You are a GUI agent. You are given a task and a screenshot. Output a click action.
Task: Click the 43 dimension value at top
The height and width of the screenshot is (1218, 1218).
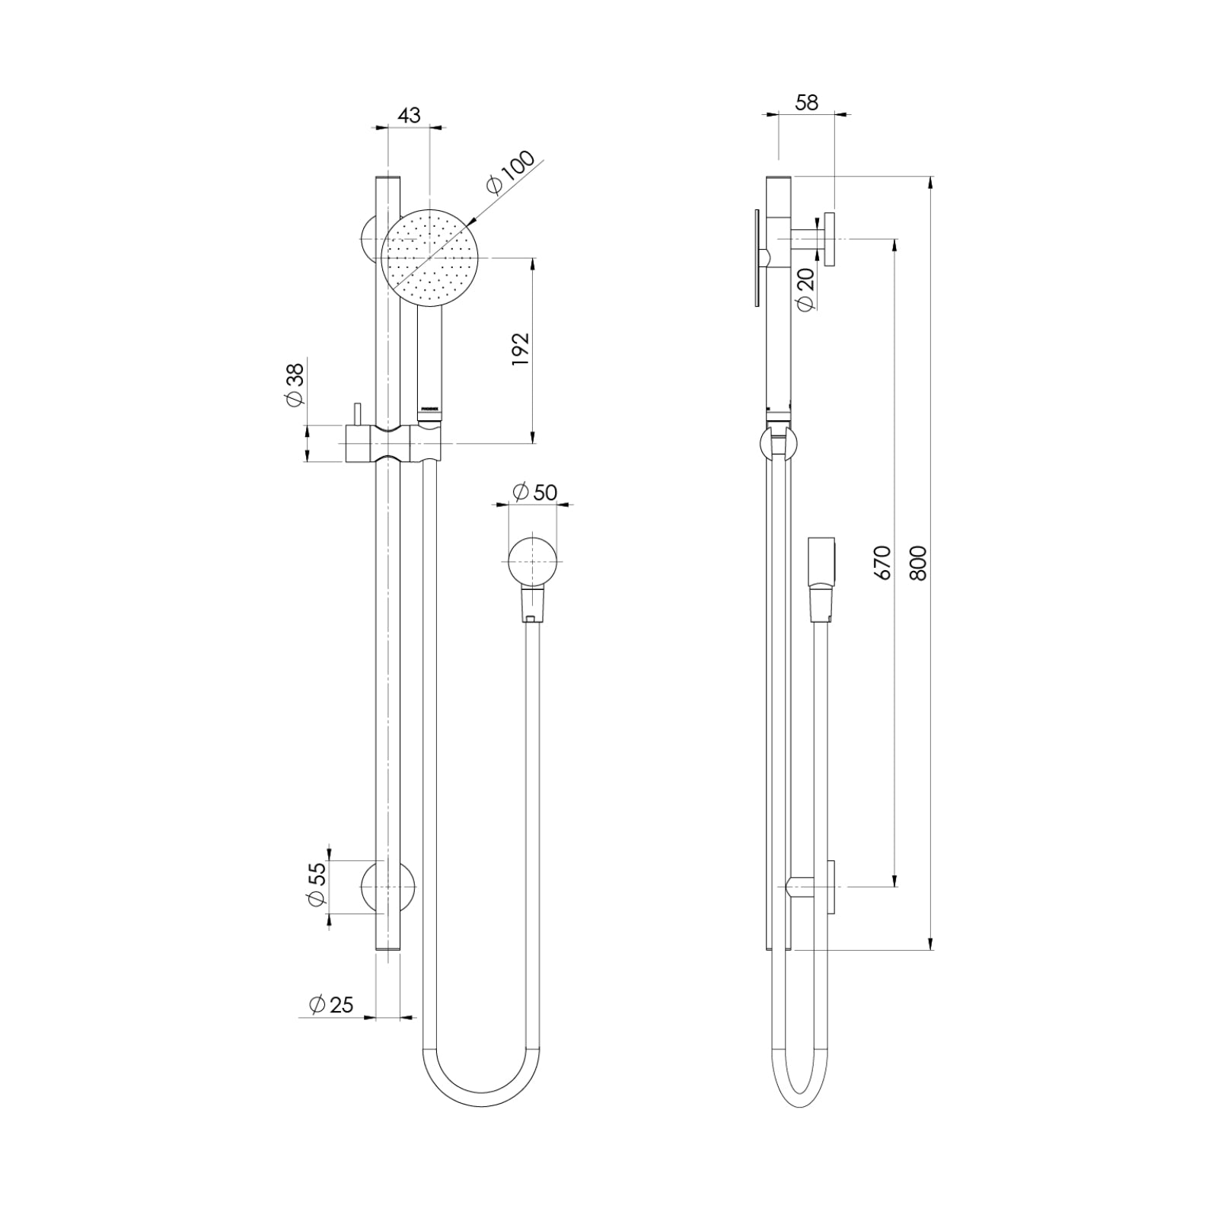[409, 116]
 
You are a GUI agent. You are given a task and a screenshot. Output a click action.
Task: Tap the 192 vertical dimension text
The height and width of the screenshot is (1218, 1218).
[520, 350]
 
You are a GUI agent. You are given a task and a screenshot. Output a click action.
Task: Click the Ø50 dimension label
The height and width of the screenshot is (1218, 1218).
[535, 493]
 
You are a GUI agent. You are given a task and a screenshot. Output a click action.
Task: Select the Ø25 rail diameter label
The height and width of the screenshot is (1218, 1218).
[332, 1005]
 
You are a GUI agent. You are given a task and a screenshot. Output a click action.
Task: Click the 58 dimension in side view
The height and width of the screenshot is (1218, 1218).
[806, 102]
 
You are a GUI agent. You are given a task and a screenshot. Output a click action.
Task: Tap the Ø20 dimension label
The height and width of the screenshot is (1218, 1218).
[805, 289]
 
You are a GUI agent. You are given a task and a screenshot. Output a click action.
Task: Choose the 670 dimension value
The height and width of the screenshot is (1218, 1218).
[882, 563]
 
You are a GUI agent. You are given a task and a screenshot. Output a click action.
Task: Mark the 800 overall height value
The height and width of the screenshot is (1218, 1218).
[919, 563]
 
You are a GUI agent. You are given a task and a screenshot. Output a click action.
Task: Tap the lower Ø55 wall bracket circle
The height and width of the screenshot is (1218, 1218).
[388, 888]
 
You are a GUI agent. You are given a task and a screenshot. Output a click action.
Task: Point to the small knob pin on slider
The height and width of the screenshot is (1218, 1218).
[354, 415]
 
